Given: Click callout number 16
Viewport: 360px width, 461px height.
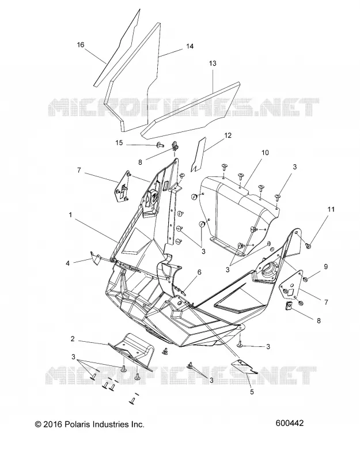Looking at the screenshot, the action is tap(81, 45).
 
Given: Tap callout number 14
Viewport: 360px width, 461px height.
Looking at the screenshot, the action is tap(190, 46).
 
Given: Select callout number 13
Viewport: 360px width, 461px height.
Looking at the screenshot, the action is tap(213, 63).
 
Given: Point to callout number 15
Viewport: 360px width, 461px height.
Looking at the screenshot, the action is tap(119, 142).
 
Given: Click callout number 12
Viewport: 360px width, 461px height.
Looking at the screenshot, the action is tap(228, 135).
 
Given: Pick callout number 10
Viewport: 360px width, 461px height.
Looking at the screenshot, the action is tap(265, 153).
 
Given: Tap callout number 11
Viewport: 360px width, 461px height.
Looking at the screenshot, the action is tap(331, 209).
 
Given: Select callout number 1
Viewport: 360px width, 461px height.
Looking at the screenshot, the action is tap(70, 215).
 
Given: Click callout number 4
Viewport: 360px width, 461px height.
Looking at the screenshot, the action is tap(67, 263).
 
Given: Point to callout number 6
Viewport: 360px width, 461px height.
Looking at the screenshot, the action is tap(199, 272).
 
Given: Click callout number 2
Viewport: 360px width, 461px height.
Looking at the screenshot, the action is tap(73, 339).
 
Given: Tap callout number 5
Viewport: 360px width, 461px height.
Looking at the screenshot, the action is tap(252, 392).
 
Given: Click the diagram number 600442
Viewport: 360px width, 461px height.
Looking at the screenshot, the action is tap(290, 423).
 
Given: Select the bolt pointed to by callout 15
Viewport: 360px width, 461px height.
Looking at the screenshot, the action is tap(160, 145).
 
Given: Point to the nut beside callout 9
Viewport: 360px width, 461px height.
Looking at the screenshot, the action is tap(306, 278).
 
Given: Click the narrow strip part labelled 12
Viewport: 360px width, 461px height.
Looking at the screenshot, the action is tap(198, 154).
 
